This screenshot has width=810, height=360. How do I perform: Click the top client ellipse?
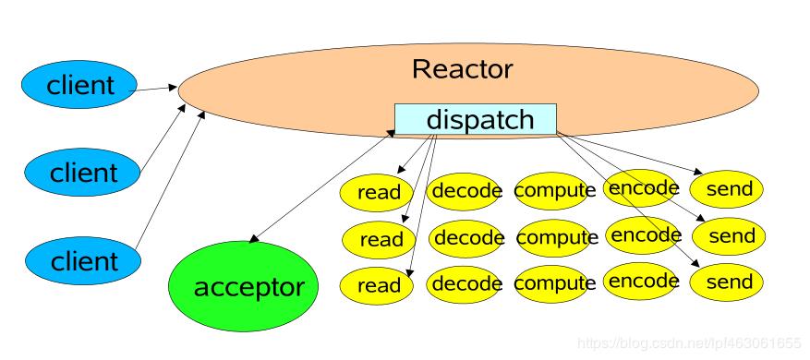[81, 86]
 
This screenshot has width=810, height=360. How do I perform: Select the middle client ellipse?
[83, 172]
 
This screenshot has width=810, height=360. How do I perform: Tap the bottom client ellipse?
[83, 260]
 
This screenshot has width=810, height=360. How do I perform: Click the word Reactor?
[462, 69]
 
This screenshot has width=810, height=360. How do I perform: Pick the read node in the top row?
[379, 192]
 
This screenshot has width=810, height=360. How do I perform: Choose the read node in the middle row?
[381, 239]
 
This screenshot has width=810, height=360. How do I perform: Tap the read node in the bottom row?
[379, 283]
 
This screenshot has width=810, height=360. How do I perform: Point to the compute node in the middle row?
[557, 238]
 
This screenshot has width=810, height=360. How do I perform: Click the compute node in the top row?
[554, 190]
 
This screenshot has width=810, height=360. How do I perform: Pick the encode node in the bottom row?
[645, 281]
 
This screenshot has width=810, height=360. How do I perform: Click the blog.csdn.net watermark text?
[689, 343]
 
